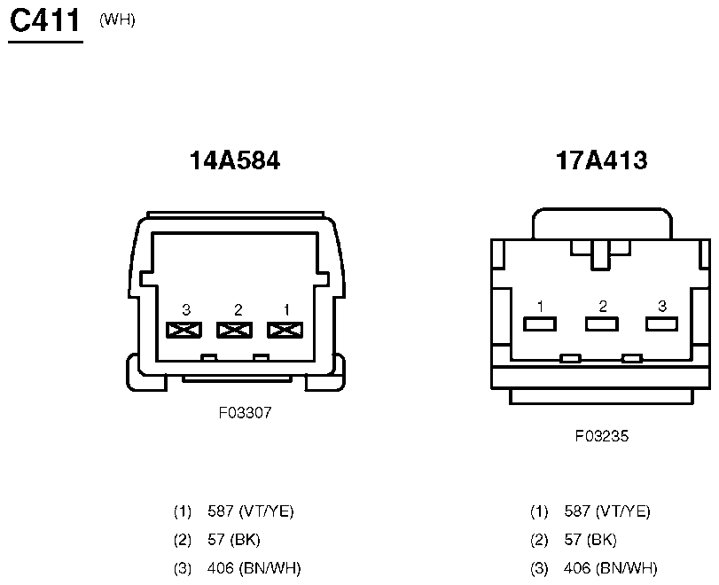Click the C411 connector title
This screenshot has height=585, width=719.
(x=45, y=20)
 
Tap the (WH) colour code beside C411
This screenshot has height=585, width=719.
(x=117, y=20)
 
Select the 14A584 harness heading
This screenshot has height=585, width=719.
(x=234, y=160)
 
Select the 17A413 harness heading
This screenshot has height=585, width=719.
(x=601, y=160)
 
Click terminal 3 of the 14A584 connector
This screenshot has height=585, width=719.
(x=184, y=330)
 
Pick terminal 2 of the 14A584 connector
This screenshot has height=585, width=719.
(x=234, y=330)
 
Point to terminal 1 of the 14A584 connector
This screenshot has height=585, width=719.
(x=285, y=330)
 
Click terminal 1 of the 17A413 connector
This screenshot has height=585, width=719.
(x=540, y=324)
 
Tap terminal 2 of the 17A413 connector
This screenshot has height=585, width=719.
(x=602, y=324)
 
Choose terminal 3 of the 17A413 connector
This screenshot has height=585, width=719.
(x=661, y=324)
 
